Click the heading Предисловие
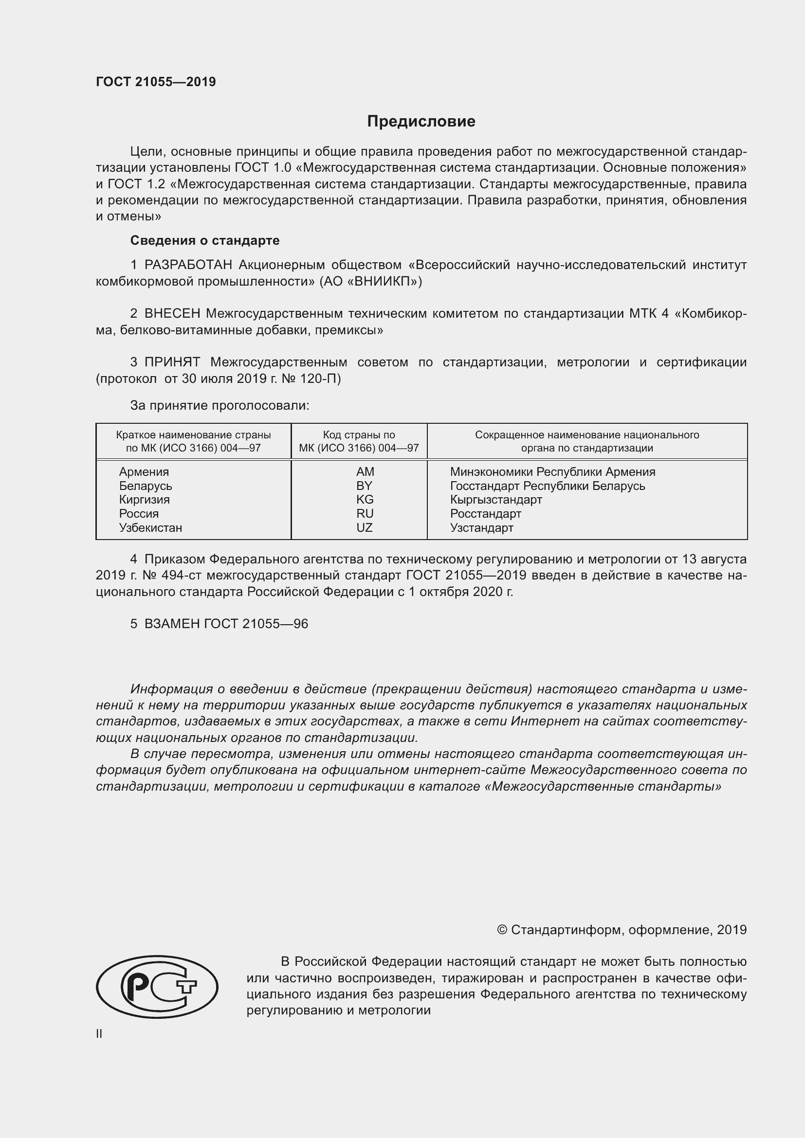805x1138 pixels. tap(421, 122)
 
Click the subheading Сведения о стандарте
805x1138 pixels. tap(205, 240)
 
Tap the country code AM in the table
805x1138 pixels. tap(365, 472)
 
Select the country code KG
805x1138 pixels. tap(365, 500)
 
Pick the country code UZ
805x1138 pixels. tap(365, 527)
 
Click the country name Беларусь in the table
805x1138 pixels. tap(145, 486)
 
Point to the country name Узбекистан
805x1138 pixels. tap(150, 527)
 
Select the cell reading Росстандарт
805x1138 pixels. tap(485, 513)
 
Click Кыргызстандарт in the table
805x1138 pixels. tap(495, 500)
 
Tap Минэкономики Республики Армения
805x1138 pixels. tap(552, 472)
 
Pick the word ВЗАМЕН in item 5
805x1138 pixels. tap(171, 624)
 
